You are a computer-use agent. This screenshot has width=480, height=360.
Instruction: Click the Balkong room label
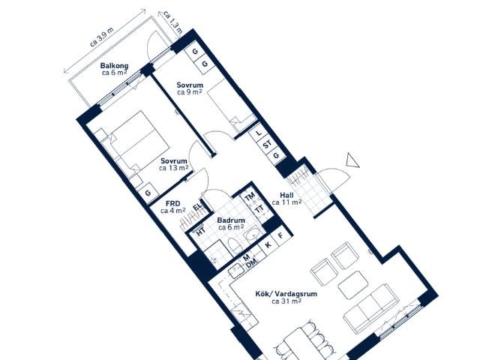point(114,69)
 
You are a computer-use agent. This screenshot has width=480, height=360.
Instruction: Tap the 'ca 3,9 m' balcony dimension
point(102,37)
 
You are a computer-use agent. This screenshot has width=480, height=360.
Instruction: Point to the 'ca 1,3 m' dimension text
point(173,22)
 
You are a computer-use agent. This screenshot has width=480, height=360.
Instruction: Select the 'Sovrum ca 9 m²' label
point(190,88)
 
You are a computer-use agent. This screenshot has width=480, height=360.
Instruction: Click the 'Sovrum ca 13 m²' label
point(173,164)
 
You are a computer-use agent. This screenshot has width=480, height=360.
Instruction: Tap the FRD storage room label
point(173,207)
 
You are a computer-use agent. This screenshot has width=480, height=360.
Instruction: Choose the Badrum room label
point(231,223)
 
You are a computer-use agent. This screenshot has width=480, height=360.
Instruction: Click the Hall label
point(286,199)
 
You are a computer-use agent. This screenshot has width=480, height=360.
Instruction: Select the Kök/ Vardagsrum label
point(286,298)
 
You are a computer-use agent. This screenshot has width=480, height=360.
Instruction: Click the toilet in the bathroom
point(235,246)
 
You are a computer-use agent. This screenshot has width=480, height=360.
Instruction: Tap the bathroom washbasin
point(252,235)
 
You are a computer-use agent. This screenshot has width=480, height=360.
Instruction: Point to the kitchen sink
point(236,270)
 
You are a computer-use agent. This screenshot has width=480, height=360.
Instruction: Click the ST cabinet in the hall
point(268,144)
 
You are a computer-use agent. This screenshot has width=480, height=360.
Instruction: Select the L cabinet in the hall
point(259,133)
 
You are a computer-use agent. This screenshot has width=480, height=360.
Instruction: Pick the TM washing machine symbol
point(250,196)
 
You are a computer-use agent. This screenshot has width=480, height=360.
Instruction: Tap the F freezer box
point(280,236)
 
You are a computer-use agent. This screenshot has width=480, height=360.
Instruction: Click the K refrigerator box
point(268,244)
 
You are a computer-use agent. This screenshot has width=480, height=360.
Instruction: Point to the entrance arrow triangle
point(352,160)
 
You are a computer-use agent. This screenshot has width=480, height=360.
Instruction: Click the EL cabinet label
point(197,206)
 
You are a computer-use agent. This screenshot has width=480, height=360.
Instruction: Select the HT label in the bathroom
point(200,232)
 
